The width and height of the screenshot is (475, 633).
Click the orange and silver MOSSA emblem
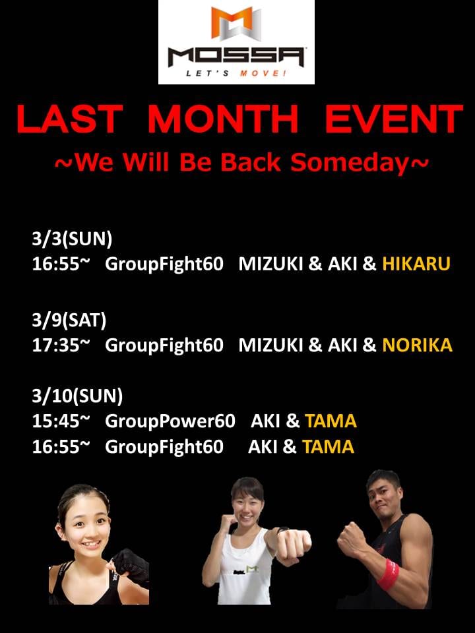coord(236,24)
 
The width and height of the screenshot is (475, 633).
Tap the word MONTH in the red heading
coord(224,119)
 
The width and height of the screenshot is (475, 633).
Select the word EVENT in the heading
coord(393,119)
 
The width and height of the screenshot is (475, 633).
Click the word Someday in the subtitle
coord(350,163)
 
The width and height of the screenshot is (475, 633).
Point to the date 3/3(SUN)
coord(72,239)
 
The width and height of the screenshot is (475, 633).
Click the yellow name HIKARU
coord(416,264)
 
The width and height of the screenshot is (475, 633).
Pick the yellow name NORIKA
coord(417,345)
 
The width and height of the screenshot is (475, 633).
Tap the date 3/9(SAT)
coord(69,320)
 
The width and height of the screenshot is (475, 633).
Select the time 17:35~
coord(61,345)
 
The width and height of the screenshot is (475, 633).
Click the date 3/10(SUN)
coord(77,396)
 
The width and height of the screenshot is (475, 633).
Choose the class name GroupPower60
coord(170,421)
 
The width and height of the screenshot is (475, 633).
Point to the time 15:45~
coord(61,421)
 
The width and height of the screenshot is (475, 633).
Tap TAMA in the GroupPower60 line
coord(331,421)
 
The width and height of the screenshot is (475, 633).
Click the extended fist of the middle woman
coord(294,543)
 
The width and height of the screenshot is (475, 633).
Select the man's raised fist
coord(352,537)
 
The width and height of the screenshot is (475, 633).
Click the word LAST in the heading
coord(70,119)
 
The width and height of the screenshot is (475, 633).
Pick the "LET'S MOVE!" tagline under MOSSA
coord(236,73)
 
